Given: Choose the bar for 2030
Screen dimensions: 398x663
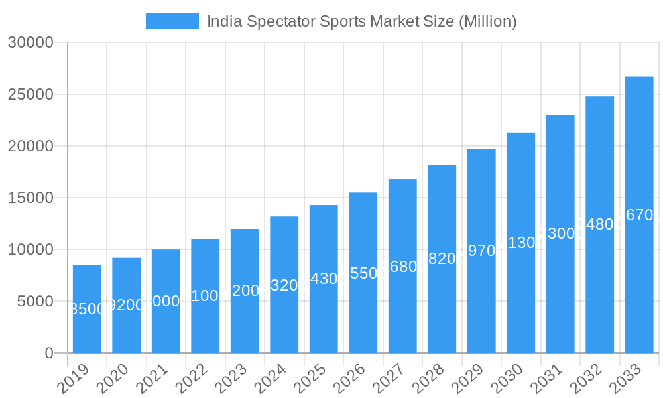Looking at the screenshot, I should (x=520, y=279).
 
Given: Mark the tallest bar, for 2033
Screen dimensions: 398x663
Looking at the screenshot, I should (x=639, y=265).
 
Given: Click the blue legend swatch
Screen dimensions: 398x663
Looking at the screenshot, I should (x=172, y=21).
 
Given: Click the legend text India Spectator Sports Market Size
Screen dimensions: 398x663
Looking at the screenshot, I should (x=361, y=21).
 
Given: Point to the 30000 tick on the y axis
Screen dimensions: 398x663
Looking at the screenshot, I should (x=30, y=42).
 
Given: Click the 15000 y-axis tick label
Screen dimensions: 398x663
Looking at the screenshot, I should (x=30, y=198).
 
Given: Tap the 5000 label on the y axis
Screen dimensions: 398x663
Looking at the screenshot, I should (x=34, y=301).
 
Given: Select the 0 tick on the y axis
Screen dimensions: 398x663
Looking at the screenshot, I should (x=49, y=353).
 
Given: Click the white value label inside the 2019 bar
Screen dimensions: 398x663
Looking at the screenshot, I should (x=87, y=309).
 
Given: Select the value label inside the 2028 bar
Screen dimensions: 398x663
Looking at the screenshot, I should (x=442, y=259).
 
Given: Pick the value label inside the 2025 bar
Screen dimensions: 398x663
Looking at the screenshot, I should (x=324, y=279).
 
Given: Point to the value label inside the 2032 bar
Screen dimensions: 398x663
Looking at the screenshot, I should (x=600, y=224).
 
